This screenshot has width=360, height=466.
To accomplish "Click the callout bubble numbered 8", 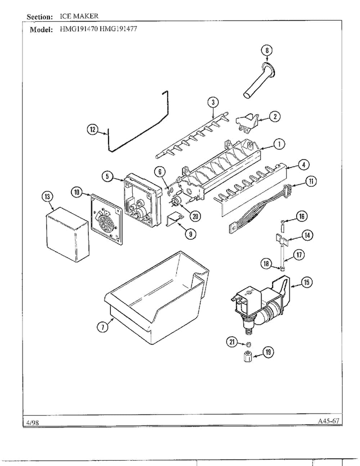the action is [267, 50].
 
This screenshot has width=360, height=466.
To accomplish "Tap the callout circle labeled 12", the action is [92, 129].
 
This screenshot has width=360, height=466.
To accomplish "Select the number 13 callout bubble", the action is [48, 196].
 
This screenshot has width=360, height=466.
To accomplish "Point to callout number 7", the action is [102, 327].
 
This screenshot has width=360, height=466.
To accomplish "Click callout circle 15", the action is [307, 282].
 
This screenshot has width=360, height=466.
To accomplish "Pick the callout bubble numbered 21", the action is [232, 342].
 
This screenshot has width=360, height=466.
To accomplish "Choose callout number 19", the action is [268, 352].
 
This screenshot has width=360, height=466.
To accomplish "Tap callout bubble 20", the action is [195, 216].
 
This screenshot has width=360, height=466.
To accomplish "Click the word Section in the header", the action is [39, 17].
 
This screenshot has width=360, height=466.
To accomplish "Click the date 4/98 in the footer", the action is [32, 422].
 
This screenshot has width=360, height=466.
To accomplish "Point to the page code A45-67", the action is [328, 421].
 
